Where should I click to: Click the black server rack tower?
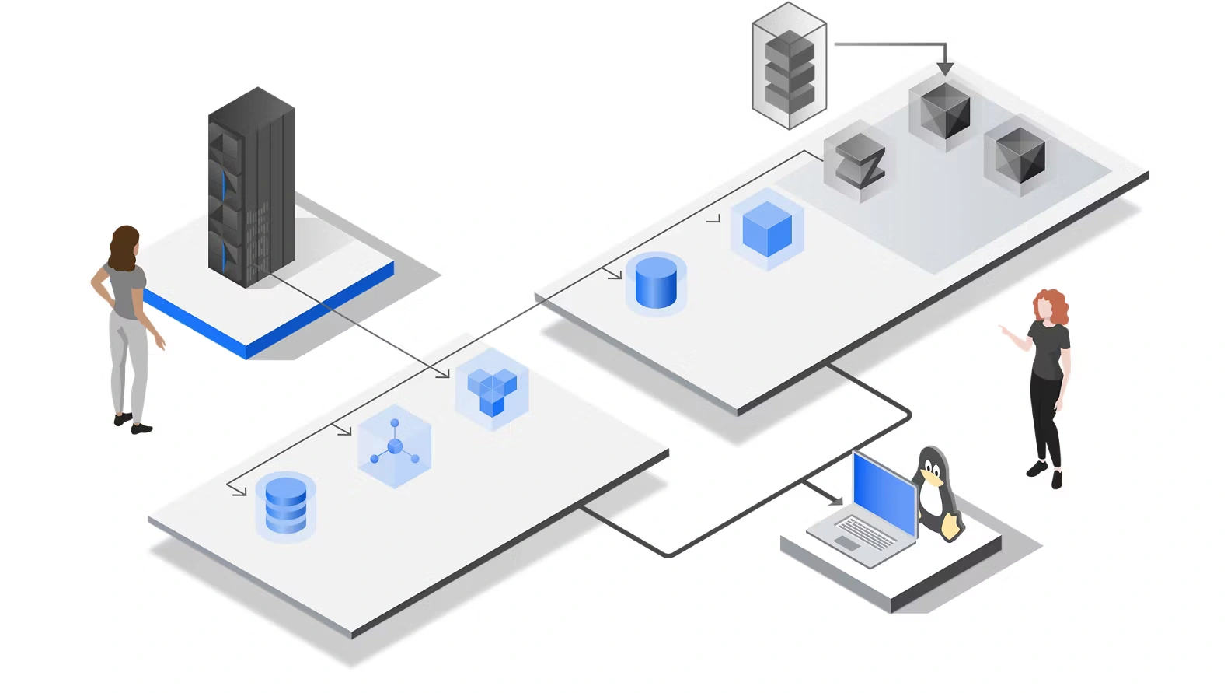click(250, 187)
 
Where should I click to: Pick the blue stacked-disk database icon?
click(285, 506)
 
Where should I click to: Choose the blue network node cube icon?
click(395, 446)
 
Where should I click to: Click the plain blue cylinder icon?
click(656, 283)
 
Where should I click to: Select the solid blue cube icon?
click(767, 229)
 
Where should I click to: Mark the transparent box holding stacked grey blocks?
click(789, 66)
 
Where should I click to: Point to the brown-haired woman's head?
click(124, 245)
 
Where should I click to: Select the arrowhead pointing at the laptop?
click(835, 500)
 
